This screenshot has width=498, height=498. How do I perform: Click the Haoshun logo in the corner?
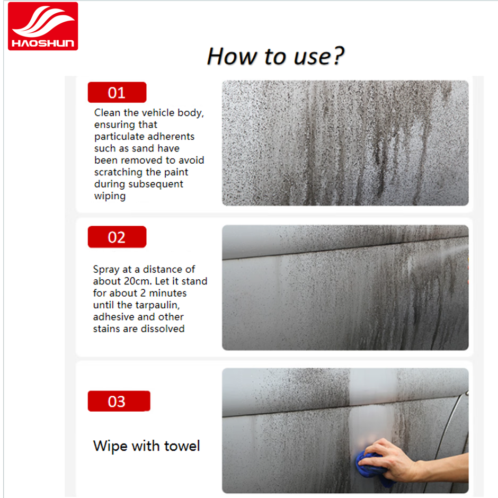pyautogui.click(x=43, y=26)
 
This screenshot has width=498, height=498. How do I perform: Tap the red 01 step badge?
pyautogui.click(x=117, y=92)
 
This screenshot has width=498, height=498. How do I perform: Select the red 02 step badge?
pyautogui.click(x=117, y=237)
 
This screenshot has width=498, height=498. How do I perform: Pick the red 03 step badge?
pyautogui.click(x=119, y=401)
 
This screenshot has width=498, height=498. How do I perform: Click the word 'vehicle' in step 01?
pyautogui.click(x=157, y=113)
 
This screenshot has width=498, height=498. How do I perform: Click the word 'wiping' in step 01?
pyautogui.click(x=110, y=196)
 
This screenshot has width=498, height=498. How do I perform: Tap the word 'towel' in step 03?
pyautogui.click(x=182, y=446)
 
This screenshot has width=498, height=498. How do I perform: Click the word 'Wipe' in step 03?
pyautogui.click(x=111, y=446)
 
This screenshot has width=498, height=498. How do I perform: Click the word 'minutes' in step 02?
pyautogui.click(x=168, y=293)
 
